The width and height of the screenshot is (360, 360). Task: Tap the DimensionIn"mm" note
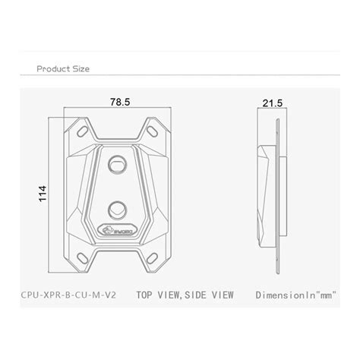coord(284,291)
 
